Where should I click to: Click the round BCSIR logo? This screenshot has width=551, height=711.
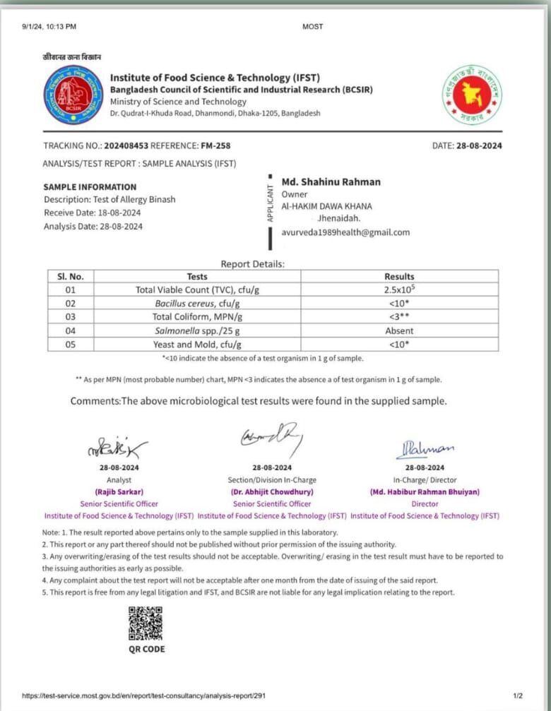(x=73, y=95)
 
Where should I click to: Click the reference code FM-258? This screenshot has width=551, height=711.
(x=215, y=146)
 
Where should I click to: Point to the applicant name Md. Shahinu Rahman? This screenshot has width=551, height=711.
(x=331, y=182)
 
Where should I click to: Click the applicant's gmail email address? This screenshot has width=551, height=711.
(x=345, y=232)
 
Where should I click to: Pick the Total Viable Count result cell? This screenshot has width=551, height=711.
(x=399, y=289)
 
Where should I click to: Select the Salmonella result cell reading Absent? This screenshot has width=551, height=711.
(x=399, y=330)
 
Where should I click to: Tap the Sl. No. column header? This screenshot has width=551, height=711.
(x=71, y=276)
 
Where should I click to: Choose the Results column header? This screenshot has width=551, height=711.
(x=399, y=276)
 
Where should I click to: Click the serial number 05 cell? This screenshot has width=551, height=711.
(x=71, y=345)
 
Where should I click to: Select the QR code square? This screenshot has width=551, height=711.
(x=146, y=622)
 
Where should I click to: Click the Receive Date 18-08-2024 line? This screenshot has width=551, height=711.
(x=92, y=213)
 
